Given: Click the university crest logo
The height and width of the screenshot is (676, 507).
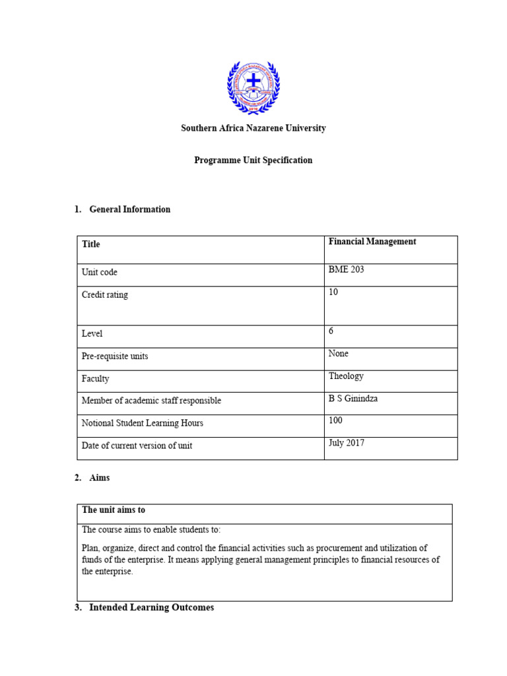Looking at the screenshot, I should (x=253, y=87).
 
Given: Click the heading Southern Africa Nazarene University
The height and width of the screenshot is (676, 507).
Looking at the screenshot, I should (x=253, y=128).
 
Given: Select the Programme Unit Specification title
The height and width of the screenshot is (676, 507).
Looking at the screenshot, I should (x=253, y=160).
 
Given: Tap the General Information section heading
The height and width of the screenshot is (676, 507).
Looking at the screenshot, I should (x=129, y=209).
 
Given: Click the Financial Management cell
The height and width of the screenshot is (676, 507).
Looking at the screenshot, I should (x=372, y=242).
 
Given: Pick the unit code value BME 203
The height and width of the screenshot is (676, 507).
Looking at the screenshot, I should (x=346, y=269).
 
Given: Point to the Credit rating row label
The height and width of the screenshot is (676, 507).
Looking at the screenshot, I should (x=105, y=295).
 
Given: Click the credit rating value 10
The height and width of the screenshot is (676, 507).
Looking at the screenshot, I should (x=333, y=292).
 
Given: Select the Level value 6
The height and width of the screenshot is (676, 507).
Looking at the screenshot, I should (x=331, y=331).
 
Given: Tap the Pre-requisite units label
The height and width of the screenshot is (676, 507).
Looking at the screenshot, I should (x=115, y=356).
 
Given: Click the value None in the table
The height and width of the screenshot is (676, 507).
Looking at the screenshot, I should (x=339, y=353).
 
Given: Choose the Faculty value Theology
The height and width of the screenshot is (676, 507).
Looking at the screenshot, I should (x=346, y=376).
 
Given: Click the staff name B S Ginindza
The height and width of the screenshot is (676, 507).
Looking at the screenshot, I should (x=353, y=398).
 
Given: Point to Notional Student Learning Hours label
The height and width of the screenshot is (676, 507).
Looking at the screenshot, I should (x=142, y=423).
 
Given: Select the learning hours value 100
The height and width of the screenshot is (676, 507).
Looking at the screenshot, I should (x=335, y=421).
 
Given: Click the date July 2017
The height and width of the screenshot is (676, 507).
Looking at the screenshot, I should (x=347, y=443).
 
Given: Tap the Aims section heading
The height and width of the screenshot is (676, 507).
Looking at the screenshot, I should (x=99, y=478).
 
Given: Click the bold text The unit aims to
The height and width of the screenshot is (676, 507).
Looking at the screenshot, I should (x=114, y=510).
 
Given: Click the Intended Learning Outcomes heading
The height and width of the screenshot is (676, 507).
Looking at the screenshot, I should (x=151, y=607).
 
